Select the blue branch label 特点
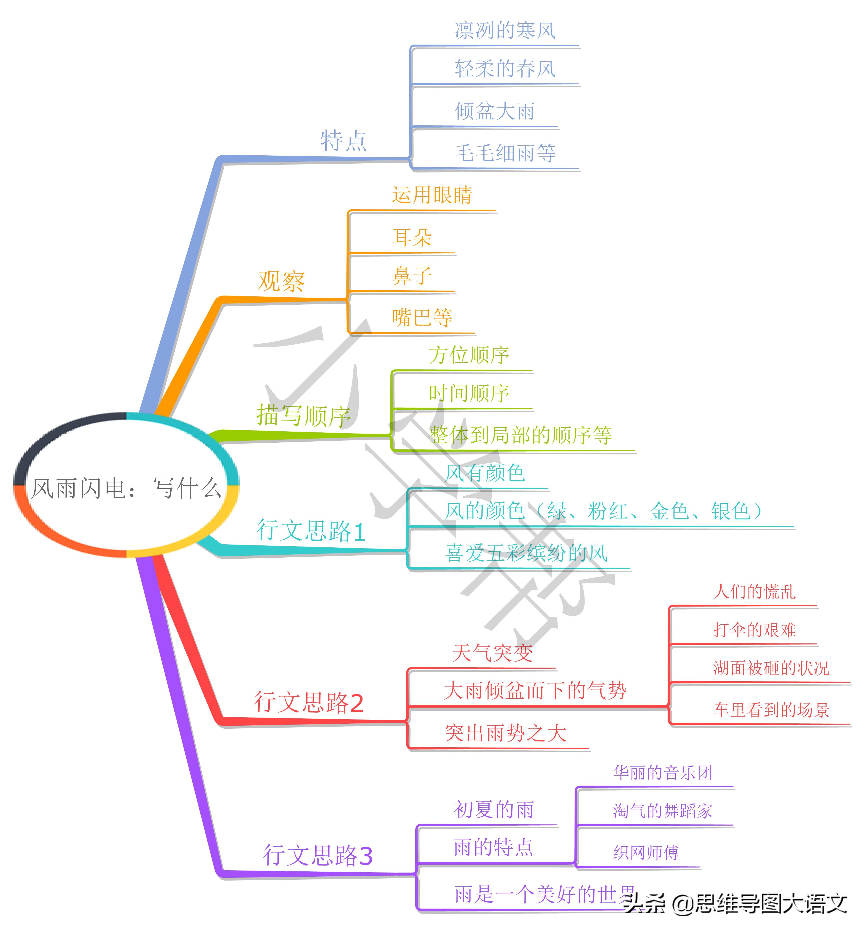point(343,141)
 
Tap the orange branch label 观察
point(281,281)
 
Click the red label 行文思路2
point(309,702)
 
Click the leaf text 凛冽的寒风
point(505,30)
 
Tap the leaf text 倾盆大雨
point(495,111)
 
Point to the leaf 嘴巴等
point(422,317)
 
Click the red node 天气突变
point(493,653)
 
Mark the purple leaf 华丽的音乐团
point(663,772)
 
